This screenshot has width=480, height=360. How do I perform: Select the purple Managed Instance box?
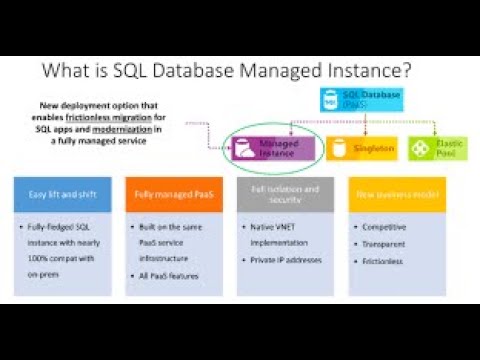tap(271, 149)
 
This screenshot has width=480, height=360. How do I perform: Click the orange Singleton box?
tap(367, 149)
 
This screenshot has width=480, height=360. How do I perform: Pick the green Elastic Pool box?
tap(439, 147)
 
